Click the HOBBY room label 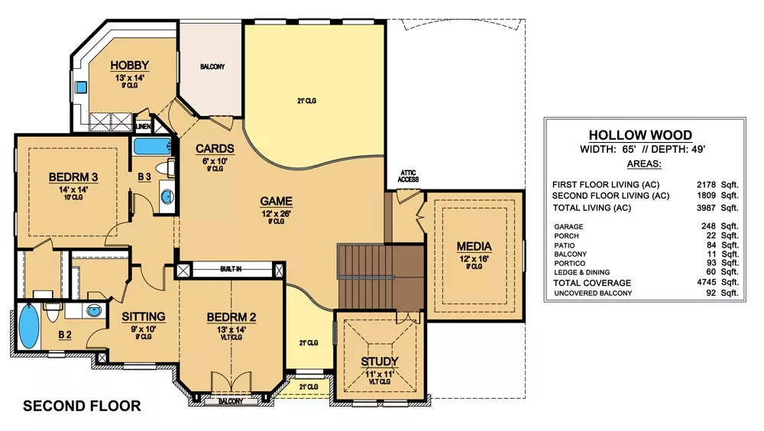pyautogui.click(x=129, y=65)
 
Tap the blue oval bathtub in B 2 pyautogui.click(x=29, y=326)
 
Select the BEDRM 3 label pyautogui.click(x=73, y=177)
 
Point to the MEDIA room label pyautogui.click(x=474, y=247)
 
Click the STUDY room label pyautogui.click(x=380, y=361)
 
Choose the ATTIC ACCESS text pyautogui.click(x=408, y=176)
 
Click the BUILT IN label pyautogui.click(x=231, y=269)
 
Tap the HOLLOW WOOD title pyautogui.click(x=640, y=135)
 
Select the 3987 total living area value pyautogui.click(x=706, y=208)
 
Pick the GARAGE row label pyautogui.click(x=568, y=227)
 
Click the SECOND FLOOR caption pyautogui.click(x=82, y=406)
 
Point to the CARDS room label pyautogui.click(x=215, y=149)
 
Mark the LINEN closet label pyautogui.click(x=144, y=127)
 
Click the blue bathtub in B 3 pyautogui.click(x=152, y=146)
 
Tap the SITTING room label pyautogui.click(x=144, y=317)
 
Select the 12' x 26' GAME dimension pyautogui.click(x=277, y=213)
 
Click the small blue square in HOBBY pyautogui.click(x=81, y=88)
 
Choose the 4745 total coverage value pyautogui.click(x=706, y=282)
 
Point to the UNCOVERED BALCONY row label pyautogui.click(x=593, y=293)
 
